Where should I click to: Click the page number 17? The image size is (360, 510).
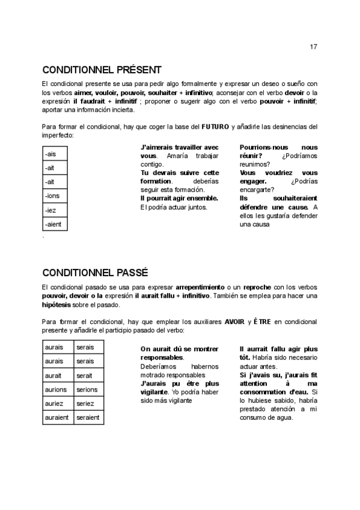314,46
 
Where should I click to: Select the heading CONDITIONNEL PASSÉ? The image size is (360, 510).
96,272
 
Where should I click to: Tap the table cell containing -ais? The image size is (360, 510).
50,154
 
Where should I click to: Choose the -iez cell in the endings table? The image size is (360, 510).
50,210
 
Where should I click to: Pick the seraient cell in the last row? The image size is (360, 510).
88,417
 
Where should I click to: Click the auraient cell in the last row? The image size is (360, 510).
58,417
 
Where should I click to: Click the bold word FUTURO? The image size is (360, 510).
215,127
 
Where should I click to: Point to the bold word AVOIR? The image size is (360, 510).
234,322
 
